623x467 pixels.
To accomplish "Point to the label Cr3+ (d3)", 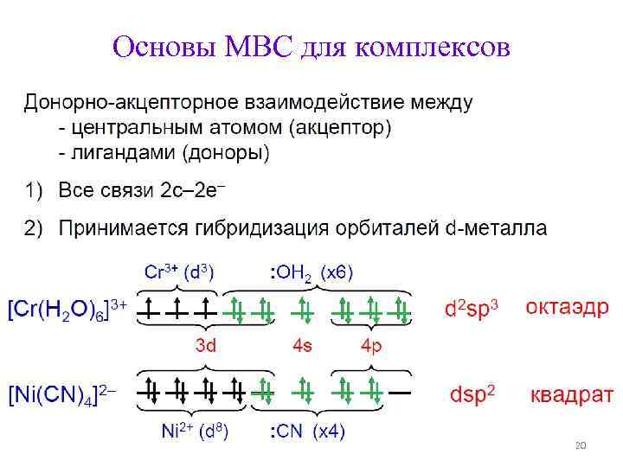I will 179,273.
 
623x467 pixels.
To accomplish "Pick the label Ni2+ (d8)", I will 195,432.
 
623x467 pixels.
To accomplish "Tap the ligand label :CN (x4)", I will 307,432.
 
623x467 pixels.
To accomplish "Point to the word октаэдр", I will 567,308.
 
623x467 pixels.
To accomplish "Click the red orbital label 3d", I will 205,346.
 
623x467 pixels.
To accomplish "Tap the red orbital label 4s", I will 303,346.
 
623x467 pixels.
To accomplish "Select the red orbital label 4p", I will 372,346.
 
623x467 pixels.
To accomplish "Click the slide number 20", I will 581,445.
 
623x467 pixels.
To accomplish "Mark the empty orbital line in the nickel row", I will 401,391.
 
